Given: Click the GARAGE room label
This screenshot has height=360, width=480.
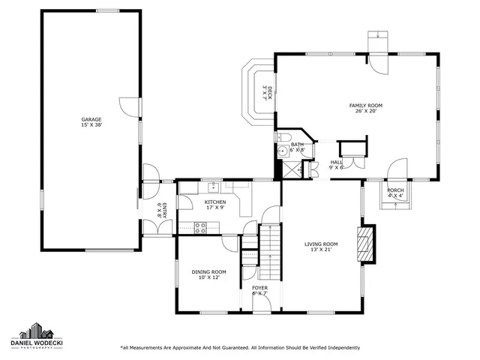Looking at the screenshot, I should pyautogui.click(x=91, y=122).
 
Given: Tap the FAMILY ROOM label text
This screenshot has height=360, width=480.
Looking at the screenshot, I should pyautogui.click(x=365, y=109).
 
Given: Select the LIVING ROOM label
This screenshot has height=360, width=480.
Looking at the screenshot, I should pyautogui.click(x=321, y=247).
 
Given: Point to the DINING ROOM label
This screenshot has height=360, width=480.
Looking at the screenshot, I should pyautogui.click(x=208, y=274).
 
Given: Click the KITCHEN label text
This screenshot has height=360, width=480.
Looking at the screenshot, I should pyautogui.click(x=215, y=205).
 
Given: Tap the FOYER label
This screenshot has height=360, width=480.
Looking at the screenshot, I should pyautogui.click(x=259, y=290).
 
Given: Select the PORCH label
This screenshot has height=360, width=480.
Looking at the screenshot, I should pyautogui.click(x=395, y=193).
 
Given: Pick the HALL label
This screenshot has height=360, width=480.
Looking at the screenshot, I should pyautogui.click(x=336, y=164).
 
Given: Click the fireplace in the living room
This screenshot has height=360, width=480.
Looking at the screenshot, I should pyautogui.click(x=365, y=244).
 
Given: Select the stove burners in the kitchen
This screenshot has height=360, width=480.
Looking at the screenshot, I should pyautogui.click(x=200, y=227).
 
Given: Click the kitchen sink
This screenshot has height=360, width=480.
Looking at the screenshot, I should pyautogui.click(x=214, y=184).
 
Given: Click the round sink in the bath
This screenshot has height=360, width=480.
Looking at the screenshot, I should pyautogui.click(x=283, y=151).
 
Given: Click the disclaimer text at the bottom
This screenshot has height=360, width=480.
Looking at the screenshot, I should pyautogui.click(x=240, y=347).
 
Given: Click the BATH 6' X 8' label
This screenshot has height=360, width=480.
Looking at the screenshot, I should pyautogui.click(x=298, y=147).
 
